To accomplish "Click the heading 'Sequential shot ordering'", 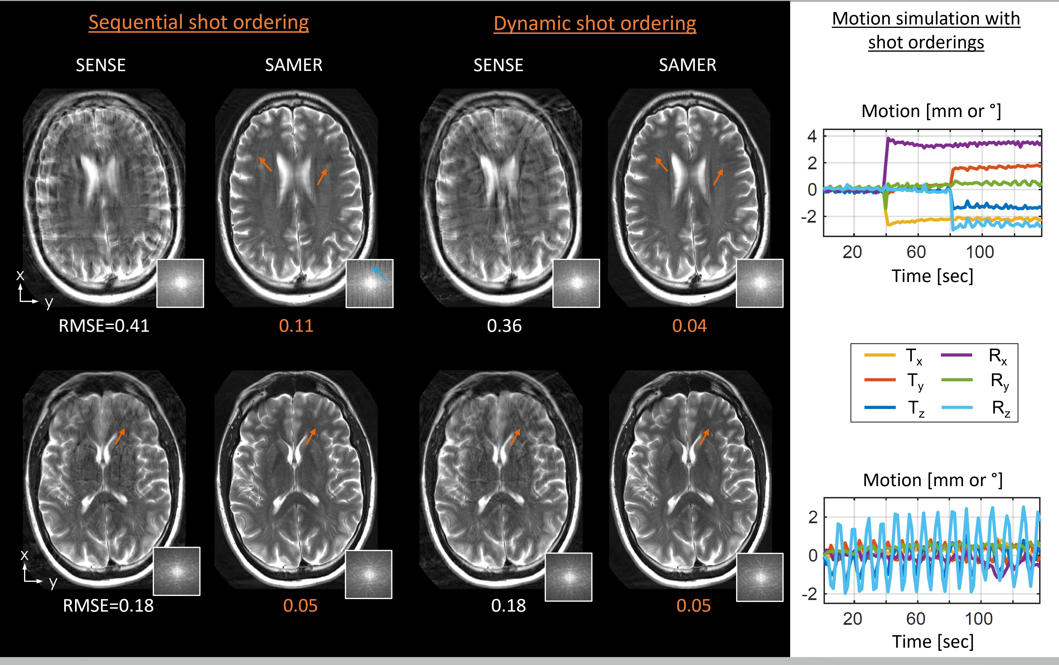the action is click(198, 22).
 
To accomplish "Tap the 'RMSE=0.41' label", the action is click(104, 326).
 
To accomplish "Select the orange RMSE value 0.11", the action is click(296, 326).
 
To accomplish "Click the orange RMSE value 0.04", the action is click(689, 326).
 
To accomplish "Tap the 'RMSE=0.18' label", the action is click(108, 606).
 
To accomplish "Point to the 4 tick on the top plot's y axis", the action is click(812, 136).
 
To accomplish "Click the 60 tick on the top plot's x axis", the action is click(916, 252).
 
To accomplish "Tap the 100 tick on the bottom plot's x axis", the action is click(978, 619).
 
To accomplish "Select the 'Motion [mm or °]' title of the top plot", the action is click(931, 111).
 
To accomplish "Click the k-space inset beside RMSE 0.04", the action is click(760, 283).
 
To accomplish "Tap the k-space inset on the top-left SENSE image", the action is click(180, 283).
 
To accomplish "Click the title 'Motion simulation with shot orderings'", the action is click(926, 30).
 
